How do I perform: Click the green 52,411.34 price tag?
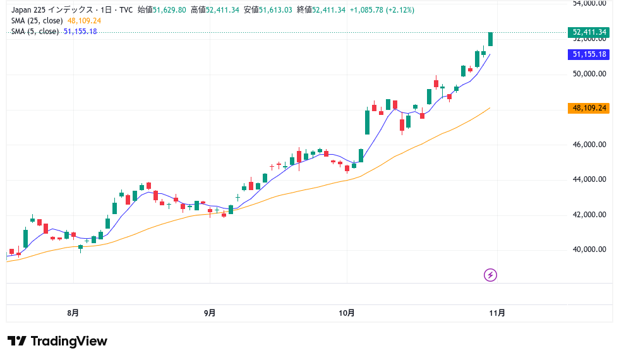(589, 32)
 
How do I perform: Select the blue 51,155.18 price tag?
(589, 54)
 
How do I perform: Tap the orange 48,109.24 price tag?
(589, 108)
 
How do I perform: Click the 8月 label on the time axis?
(73, 313)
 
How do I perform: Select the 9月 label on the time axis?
(210, 313)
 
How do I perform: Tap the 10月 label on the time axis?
(347, 313)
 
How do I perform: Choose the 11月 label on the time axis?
(498, 313)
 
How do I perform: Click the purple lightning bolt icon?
(491, 275)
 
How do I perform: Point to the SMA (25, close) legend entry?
(38, 20)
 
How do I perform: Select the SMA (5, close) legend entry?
(36, 31)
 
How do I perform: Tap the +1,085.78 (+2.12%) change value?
(376, 9)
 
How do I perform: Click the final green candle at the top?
(491, 39)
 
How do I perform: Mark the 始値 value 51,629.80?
(169, 9)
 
